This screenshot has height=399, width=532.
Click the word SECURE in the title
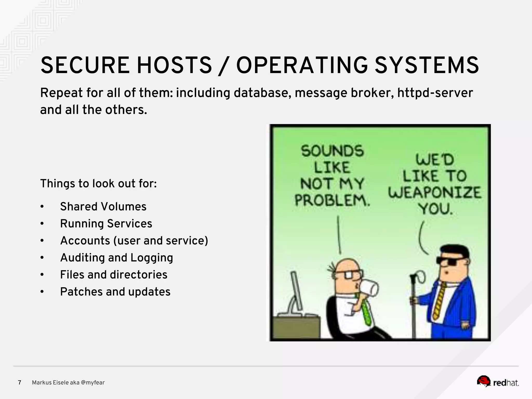(85, 65)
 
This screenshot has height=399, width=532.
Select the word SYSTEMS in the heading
(427, 65)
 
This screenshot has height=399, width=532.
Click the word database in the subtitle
(262, 93)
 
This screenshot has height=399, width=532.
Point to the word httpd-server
(435, 93)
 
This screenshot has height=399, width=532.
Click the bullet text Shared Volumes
(103, 207)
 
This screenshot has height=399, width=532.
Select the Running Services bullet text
(106, 224)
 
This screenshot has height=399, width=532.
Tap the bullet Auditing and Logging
(116, 258)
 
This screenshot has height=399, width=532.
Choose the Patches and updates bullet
(115, 292)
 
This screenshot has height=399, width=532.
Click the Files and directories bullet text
(114, 275)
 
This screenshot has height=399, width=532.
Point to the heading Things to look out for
(98, 184)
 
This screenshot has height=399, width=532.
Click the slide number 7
(19, 383)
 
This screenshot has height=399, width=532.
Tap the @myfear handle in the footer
(93, 383)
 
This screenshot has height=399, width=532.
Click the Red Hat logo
(497, 382)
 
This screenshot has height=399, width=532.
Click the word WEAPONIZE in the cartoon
(435, 193)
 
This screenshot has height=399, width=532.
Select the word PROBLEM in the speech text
(332, 200)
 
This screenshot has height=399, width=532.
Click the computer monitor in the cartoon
(296, 291)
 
